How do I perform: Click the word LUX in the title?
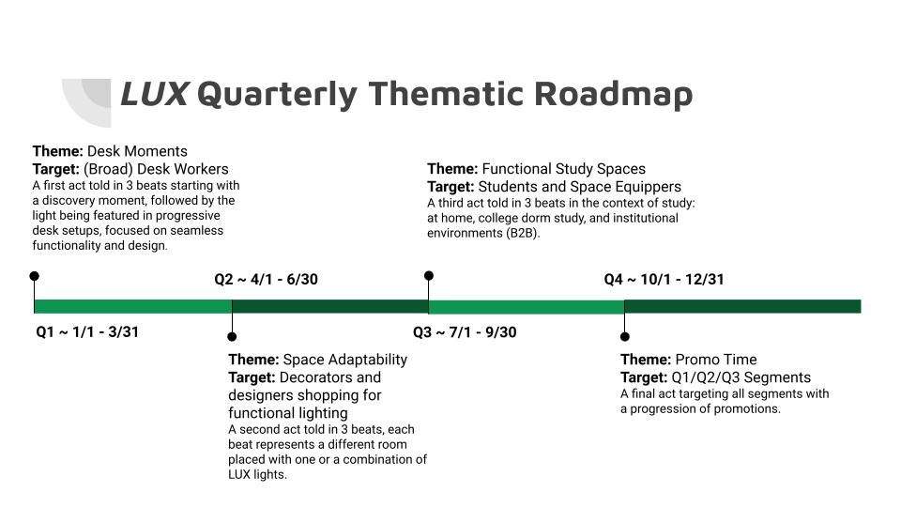point(154,94)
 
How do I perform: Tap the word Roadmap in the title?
point(613,94)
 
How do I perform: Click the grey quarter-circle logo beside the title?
point(86,102)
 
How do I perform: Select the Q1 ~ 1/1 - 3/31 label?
point(87,332)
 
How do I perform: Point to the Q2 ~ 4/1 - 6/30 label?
point(266,280)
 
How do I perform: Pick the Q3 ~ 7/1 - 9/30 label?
point(465,332)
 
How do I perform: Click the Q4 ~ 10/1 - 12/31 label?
point(664,280)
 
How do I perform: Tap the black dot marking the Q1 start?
point(35,276)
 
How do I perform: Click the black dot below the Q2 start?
point(232,337)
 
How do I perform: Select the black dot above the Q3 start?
point(429,276)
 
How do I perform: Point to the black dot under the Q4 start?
point(625,337)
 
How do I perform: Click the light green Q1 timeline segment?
point(133,306)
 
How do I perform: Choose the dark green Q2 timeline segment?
point(330,306)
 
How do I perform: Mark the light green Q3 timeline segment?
point(527,306)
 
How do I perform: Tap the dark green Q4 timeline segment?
point(743,306)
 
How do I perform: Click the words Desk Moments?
point(137,151)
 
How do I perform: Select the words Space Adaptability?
point(345,360)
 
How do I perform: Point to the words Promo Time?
point(716,360)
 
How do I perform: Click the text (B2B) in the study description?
point(523,234)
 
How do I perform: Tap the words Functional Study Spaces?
point(564,169)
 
